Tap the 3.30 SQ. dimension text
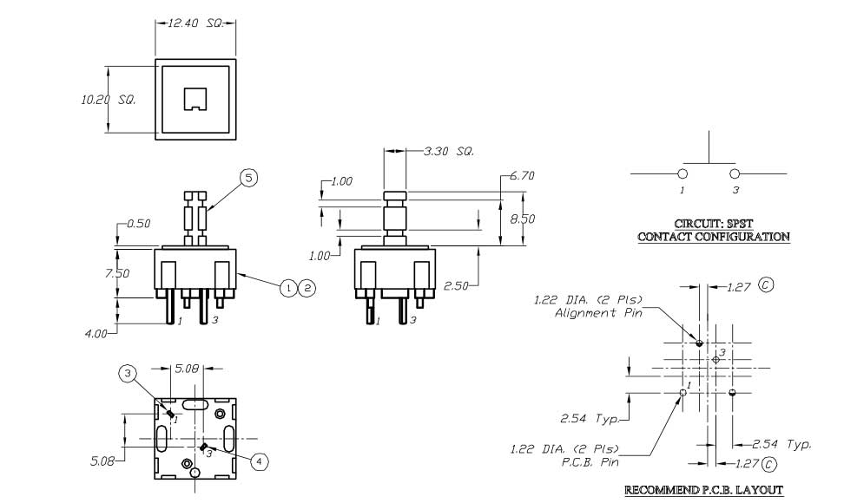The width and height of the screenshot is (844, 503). (x=448, y=152)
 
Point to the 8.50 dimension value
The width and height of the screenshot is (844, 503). (x=523, y=219)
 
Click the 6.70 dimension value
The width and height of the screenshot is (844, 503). (x=523, y=176)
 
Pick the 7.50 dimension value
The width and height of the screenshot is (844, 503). (x=117, y=273)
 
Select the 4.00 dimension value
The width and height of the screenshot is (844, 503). (x=96, y=332)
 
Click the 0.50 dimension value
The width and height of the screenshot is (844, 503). (x=137, y=224)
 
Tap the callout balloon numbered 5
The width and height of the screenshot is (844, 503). (x=248, y=179)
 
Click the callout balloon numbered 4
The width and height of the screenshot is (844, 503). (x=259, y=461)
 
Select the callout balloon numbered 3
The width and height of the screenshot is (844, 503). (x=129, y=374)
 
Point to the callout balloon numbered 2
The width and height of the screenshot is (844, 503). (x=306, y=288)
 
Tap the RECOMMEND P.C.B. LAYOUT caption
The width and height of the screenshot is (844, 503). (x=704, y=491)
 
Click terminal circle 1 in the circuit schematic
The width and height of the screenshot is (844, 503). (x=682, y=174)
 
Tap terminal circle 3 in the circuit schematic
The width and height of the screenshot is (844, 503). (x=735, y=174)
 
